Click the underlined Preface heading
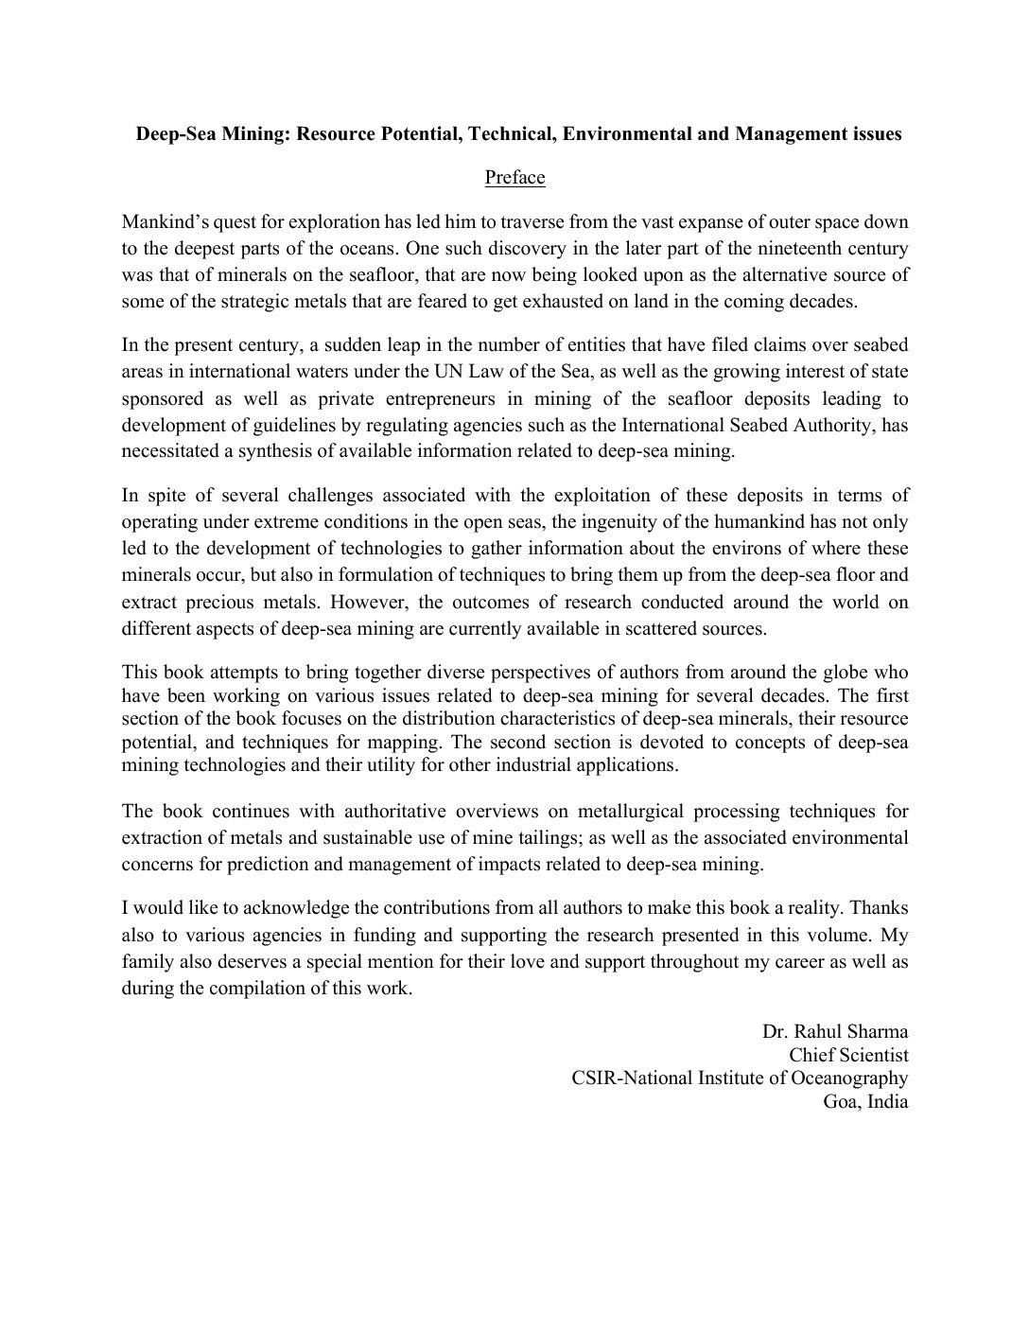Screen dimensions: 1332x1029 (x=514, y=177)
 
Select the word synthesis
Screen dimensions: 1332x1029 (x=276, y=451)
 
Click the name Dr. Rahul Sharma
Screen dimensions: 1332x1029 (x=835, y=1030)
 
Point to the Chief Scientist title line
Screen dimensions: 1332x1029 (x=848, y=1054)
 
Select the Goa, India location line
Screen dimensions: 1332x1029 (x=865, y=1102)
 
